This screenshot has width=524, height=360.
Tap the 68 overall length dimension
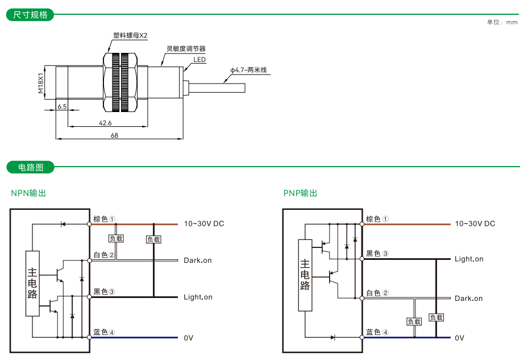point(114,135)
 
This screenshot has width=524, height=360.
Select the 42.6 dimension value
point(105,123)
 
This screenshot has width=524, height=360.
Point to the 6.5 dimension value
point(62,106)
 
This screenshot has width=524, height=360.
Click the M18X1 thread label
point(41,82)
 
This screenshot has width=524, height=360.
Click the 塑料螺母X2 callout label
point(130,35)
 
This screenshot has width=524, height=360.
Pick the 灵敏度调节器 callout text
point(186,49)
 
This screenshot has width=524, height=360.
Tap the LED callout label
point(199,60)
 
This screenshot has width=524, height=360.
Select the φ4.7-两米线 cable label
point(248,71)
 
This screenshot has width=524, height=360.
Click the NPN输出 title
point(28,193)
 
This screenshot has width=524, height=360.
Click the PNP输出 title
point(301,193)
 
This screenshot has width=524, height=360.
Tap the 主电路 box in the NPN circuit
point(32,283)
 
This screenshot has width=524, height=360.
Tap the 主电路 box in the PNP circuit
point(305,275)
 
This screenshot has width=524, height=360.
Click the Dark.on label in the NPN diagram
point(197,260)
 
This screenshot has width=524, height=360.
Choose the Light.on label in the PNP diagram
point(469,259)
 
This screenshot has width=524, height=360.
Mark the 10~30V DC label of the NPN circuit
point(203,224)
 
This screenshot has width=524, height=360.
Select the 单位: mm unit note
point(502,22)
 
